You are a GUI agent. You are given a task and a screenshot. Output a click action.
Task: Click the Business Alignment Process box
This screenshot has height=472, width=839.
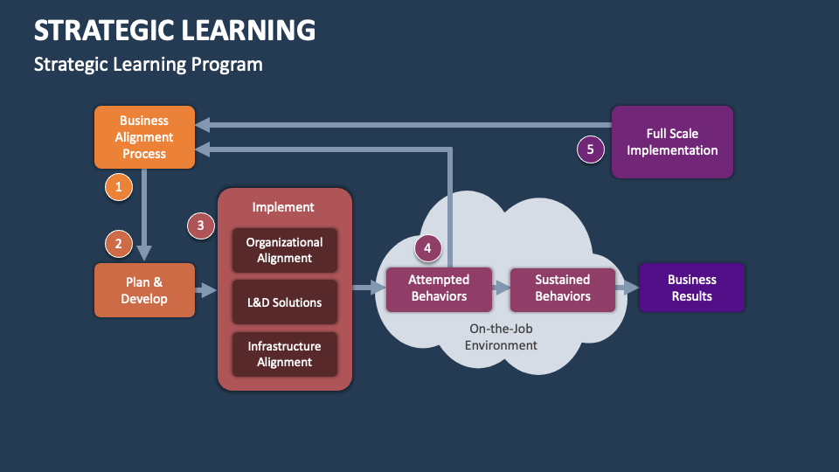(x=144, y=137)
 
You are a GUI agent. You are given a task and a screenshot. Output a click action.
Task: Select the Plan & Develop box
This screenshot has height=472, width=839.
(x=144, y=290)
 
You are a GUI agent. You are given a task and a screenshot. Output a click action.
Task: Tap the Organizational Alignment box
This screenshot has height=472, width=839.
(x=284, y=250)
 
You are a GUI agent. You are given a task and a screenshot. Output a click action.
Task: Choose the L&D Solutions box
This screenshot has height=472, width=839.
(x=284, y=302)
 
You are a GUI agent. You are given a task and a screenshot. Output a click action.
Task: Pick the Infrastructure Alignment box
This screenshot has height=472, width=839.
(x=284, y=354)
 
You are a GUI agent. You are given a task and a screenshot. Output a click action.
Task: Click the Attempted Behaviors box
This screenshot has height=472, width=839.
(x=439, y=288)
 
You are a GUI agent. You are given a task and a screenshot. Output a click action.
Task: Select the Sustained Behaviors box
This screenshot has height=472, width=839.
(x=563, y=288)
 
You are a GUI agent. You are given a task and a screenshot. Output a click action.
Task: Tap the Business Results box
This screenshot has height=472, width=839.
(x=691, y=288)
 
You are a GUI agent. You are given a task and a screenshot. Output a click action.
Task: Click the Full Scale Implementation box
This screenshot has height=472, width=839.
(x=672, y=142)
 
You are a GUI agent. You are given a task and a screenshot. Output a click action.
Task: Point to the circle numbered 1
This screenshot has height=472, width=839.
(x=118, y=185)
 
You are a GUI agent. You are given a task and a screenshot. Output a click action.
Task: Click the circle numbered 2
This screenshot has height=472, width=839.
(x=118, y=244)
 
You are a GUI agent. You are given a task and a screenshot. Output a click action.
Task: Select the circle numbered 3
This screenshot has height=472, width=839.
(x=201, y=226)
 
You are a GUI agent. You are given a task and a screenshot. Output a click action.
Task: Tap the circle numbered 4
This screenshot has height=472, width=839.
(x=427, y=248)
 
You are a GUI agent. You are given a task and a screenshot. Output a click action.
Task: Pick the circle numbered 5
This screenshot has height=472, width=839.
(x=590, y=149)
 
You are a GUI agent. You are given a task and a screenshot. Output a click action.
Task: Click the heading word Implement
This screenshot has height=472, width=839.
(x=283, y=207)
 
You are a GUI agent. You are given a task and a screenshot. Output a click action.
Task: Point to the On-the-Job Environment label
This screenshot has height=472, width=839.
(x=503, y=337)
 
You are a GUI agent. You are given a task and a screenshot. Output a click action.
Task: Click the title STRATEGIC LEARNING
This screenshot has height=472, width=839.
(x=175, y=30)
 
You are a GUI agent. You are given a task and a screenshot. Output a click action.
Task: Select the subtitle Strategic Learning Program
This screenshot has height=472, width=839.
(x=148, y=65)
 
